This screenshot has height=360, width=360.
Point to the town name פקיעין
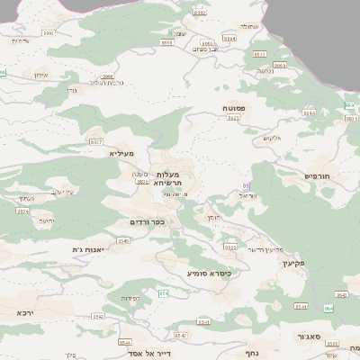[294, 264]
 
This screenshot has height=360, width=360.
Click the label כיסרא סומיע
[210, 272]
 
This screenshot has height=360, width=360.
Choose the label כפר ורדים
[148, 222]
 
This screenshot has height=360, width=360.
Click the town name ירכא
[24, 312]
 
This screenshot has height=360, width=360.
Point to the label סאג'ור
[310, 337]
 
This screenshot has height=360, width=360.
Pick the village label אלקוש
[273, 138]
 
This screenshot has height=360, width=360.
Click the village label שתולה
[249, 26]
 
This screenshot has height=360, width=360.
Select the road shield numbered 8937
[96, 142]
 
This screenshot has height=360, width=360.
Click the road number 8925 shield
[142, 183]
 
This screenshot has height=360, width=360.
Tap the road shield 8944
[310, 112]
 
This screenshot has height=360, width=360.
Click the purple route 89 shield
[246, 185]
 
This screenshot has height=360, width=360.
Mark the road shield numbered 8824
[22, 211]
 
